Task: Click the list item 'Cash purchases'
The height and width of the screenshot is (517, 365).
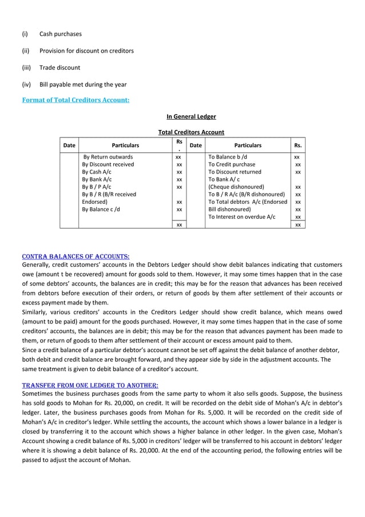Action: coord(60,34)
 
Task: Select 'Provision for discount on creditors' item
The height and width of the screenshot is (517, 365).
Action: coord(86,51)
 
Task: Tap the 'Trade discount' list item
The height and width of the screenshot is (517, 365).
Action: coord(59,68)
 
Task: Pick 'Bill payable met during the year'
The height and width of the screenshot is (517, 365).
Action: coord(82,84)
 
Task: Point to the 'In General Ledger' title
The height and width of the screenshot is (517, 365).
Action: coord(191,117)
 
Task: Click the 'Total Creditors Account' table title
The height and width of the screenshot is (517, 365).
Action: coord(191,132)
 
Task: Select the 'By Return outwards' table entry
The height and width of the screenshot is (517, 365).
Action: coord(108,157)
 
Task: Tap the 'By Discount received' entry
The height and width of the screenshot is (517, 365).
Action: coord(108,164)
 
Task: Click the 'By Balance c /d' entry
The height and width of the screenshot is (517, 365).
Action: coord(101,209)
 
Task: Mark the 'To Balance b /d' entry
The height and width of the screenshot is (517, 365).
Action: coord(228,157)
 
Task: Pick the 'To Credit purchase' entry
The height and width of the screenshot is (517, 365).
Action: coord(232,164)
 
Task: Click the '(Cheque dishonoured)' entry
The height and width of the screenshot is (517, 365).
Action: coord(236,187)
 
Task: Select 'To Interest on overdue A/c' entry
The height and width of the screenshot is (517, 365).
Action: coord(241,216)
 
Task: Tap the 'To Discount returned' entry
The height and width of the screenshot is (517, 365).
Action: coord(235,172)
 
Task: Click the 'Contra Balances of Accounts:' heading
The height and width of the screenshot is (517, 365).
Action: coord(76,256)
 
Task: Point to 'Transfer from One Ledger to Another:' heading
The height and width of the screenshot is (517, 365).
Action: coord(90,385)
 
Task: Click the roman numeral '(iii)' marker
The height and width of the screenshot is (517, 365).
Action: coord(26,68)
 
